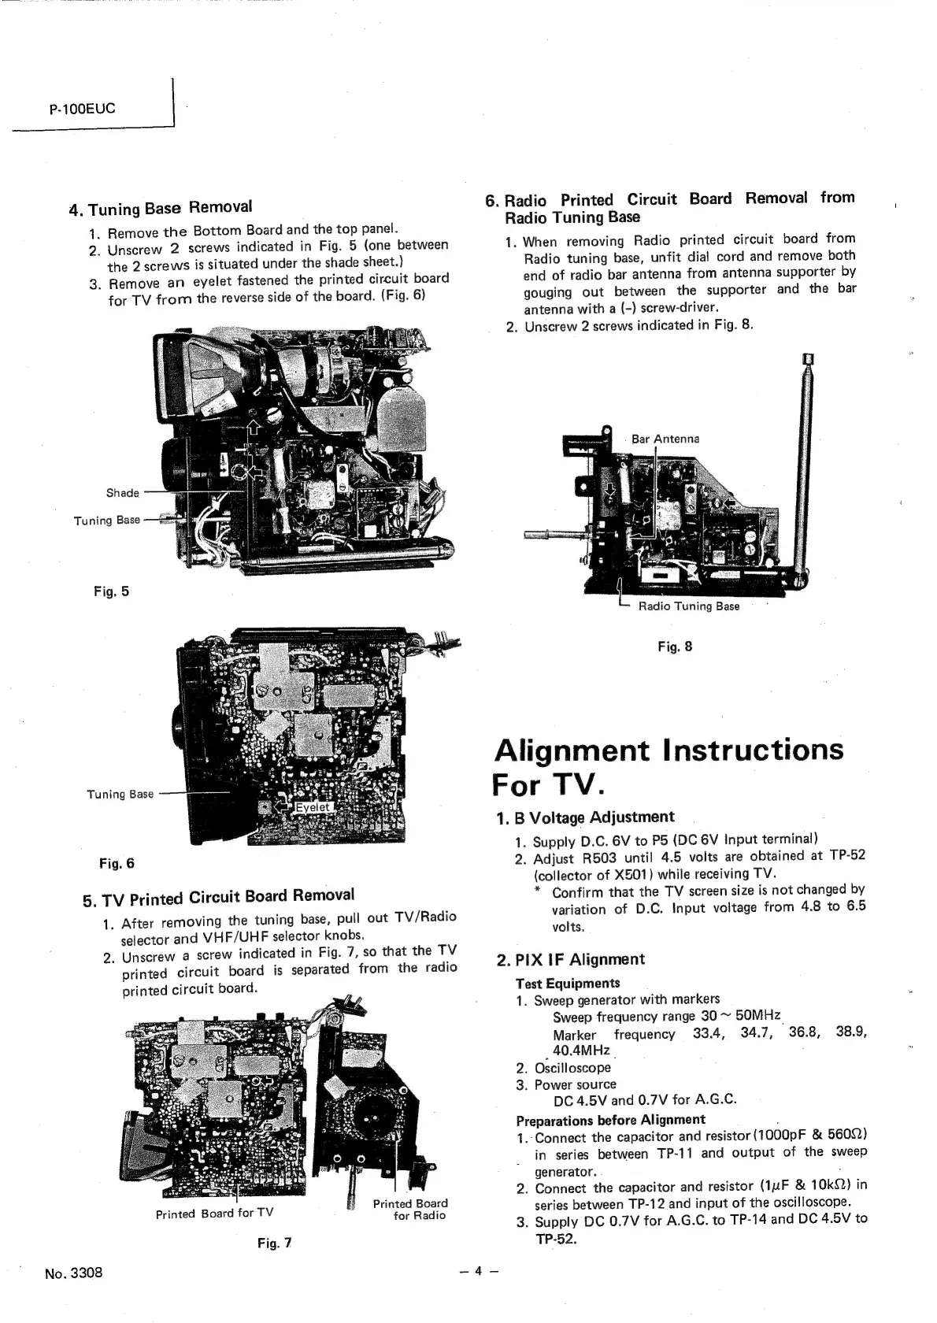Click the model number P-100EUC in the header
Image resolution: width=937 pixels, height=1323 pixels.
click(82, 108)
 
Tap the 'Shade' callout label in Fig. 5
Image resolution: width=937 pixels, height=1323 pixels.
click(123, 493)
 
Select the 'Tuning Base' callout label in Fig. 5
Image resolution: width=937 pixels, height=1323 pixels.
click(107, 520)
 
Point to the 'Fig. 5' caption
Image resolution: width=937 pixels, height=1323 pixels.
click(111, 591)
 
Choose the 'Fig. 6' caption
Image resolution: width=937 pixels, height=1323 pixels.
click(117, 863)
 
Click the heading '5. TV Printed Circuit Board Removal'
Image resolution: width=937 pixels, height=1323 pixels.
click(219, 897)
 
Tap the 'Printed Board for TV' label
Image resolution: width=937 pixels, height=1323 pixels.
click(214, 1214)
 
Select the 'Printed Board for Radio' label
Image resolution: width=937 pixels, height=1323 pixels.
click(410, 1209)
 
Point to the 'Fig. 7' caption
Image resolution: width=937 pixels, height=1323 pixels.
click(275, 1243)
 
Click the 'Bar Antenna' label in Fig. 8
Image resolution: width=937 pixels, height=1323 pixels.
click(665, 439)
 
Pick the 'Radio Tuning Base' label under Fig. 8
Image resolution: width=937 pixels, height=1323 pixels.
click(688, 606)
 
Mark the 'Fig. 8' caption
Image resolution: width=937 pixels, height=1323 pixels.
click(675, 647)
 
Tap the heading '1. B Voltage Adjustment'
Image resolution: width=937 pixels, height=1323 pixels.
click(586, 817)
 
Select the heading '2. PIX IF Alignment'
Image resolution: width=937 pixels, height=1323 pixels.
click(570, 959)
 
